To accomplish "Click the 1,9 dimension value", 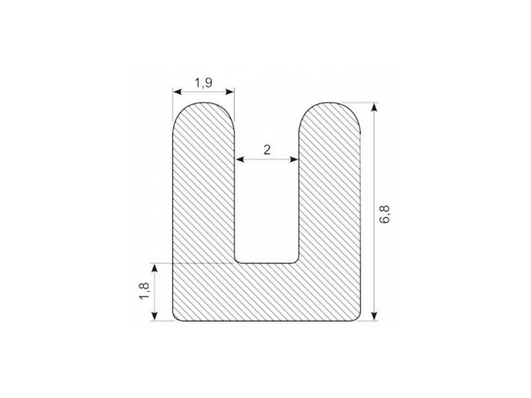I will click(x=203, y=82).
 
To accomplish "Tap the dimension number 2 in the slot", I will click(x=267, y=150).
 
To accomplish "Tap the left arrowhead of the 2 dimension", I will click(x=239, y=160).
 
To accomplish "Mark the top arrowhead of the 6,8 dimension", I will click(x=374, y=106).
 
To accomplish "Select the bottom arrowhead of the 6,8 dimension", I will click(x=374, y=317).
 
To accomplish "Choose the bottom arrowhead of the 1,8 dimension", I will click(x=155, y=317).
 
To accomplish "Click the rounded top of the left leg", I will click(x=204, y=106).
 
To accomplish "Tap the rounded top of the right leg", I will click(x=330, y=106).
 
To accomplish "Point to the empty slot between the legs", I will click(x=267, y=206).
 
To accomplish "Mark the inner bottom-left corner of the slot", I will click(x=237, y=261).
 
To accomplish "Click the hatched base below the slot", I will click(x=267, y=292).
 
